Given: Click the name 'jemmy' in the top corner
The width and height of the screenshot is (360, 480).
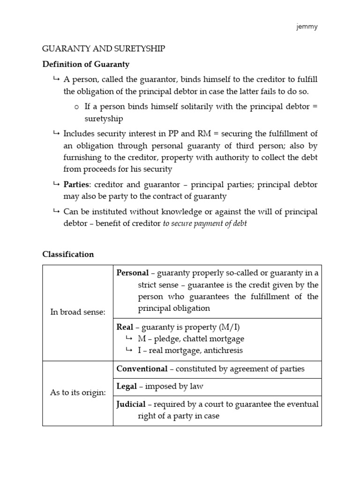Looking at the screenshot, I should (307, 27).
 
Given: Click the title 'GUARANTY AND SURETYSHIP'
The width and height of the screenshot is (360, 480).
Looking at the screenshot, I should (104, 49).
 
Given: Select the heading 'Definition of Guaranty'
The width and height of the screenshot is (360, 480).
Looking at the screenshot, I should (86, 64).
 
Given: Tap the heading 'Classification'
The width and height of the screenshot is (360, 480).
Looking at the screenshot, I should (68, 254).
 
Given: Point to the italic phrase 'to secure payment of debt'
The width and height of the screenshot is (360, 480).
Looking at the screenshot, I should (204, 224).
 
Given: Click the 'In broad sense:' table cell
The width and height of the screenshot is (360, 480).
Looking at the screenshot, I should (78, 312).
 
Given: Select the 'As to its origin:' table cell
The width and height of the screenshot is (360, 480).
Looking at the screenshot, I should (78, 392).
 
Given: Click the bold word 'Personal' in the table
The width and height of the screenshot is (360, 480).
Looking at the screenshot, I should (133, 273).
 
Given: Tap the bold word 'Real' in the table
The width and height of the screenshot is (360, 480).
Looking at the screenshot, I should (125, 327).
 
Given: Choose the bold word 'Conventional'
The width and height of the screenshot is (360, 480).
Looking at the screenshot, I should (142, 369).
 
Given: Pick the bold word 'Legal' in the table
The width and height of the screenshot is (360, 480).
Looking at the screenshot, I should (127, 387).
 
